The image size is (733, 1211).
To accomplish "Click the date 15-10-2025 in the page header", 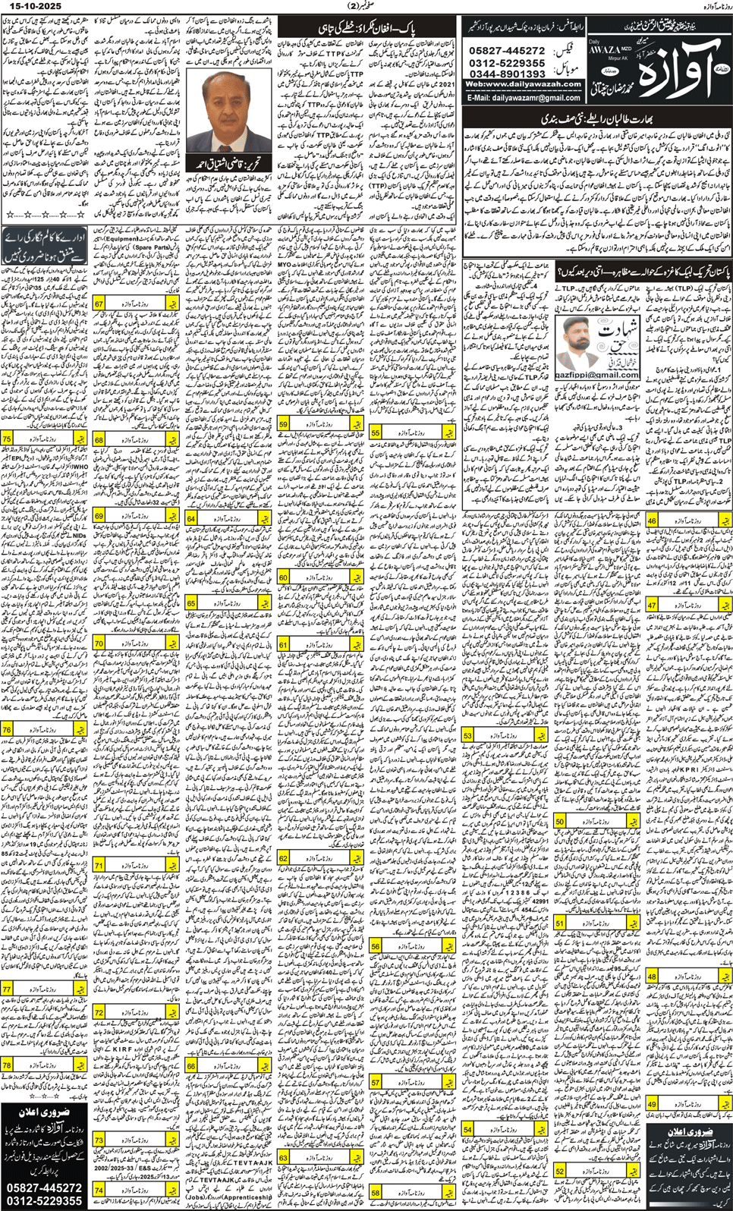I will [x=31, y=6].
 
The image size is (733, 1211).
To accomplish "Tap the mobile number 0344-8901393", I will [x=507, y=74].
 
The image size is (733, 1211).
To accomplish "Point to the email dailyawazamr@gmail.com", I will [x=524, y=98].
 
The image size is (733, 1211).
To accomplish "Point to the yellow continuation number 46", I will [x=652, y=522].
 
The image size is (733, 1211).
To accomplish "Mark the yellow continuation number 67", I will [x=99, y=304].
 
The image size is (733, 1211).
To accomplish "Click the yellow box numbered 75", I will [x=7, y=439].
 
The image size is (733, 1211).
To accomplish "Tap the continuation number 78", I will [x=7, y=1066].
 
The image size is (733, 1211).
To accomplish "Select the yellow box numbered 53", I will [x=467, y=736].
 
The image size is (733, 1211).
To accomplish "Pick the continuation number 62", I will [x=284, y=858].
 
